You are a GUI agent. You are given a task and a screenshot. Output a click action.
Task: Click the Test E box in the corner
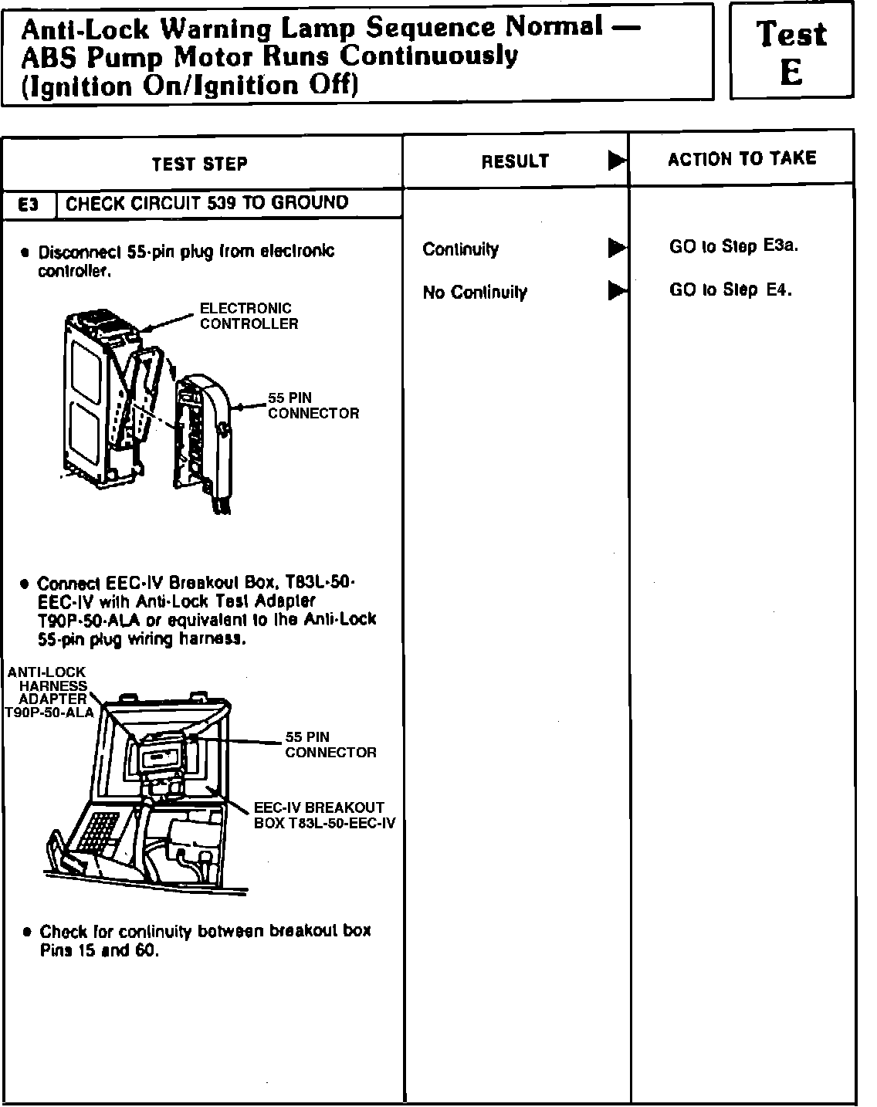[x=791, y=52]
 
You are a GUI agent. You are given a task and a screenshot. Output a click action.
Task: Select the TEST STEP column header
[x=199, y=164]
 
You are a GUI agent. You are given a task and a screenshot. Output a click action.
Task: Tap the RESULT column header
[x=515, y=161]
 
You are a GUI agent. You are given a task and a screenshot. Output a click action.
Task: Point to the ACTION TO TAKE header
[x=742, y=159]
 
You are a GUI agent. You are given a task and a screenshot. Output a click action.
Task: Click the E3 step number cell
[x=29, y=205]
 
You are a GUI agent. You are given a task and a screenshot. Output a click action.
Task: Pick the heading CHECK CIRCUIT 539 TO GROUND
[x=207, y=203]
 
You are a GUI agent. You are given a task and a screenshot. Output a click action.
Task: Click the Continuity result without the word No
[x=460, y=249]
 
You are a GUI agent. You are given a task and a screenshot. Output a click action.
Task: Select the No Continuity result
[x=475, y=293]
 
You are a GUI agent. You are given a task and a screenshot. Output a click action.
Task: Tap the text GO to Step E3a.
[x=733, y=246]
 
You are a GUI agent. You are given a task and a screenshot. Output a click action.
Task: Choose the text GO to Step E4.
[x=730, y=290]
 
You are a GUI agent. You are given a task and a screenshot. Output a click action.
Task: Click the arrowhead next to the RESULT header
[x=617, y=161]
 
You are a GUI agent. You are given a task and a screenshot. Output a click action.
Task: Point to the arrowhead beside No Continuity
[x=617, y=291]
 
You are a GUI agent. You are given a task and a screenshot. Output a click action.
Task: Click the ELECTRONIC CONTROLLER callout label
[x=249, y=317]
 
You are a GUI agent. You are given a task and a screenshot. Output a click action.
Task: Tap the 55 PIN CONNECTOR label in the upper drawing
[x=313, y=406]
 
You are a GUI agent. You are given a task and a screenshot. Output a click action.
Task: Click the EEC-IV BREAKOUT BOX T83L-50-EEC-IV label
[x=324, y=815]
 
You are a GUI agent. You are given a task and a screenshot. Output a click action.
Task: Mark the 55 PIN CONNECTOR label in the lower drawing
[x=330, y=745]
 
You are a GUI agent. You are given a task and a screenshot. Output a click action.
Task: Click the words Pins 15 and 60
[x=100, y=951]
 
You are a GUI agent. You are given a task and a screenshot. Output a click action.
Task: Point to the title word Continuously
[x=430, y=56]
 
